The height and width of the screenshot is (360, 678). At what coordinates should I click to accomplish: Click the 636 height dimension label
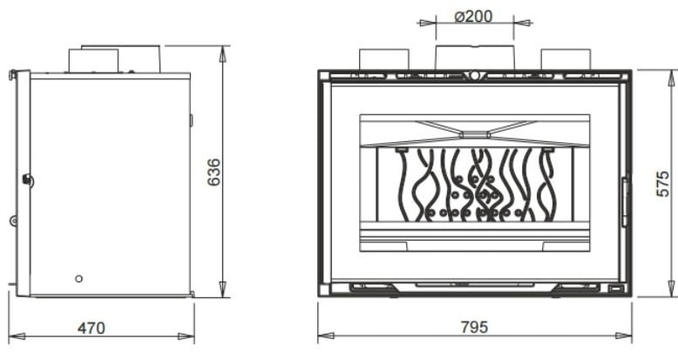click(x=214, y=173)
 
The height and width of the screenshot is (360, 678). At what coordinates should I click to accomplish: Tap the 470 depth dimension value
click(x=92, y=328)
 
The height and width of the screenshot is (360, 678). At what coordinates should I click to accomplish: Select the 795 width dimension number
click(x=474, y=327)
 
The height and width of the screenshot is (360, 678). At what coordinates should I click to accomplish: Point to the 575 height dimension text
click(x=662, y=183)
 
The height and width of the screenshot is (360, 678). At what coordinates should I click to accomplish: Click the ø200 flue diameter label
click(x=473, y=17)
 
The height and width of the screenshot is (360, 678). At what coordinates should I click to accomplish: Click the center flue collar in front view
click(x=475, y=58)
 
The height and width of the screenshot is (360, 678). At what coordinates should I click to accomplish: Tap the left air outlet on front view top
click(x=384, y=59)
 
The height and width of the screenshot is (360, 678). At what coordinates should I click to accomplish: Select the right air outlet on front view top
click(x=566, y=59)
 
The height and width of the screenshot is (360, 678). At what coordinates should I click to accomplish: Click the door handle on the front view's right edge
click(x=624, y=201)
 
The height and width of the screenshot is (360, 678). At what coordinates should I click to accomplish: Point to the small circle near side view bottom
click(x=78, y=279)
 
